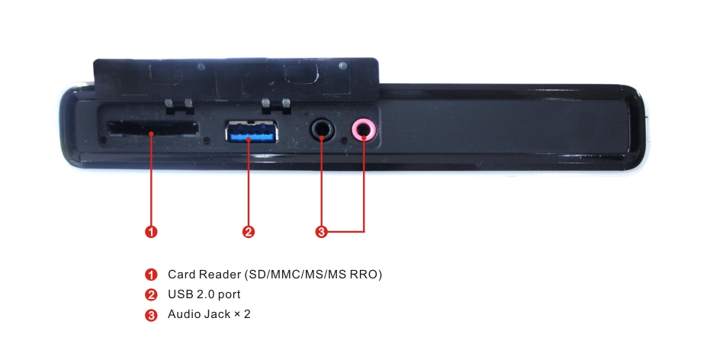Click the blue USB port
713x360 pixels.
tap(252, 132)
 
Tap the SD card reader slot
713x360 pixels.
tap(153, 128)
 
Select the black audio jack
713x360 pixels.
tap(323, 130)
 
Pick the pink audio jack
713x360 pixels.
tap(363, 130)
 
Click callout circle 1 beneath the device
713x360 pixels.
tap(152, 232)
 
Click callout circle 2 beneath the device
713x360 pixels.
tap(249, 232)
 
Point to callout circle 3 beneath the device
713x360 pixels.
tap(322, 232)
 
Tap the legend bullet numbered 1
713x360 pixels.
tap(151, 275)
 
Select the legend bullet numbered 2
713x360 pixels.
tap(151, 294)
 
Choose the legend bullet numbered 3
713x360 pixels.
tap(151, 315)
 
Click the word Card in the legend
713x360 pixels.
tap(181, 274)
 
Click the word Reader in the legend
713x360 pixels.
tap(220, 274)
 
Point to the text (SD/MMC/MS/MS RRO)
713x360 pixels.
tap(313, 275)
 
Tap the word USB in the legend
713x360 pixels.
tap(180, 294)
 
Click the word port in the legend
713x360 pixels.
tap(230, 295)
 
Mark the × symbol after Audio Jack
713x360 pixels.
tap(237, 314)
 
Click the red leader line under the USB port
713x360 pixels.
tap(249, 182)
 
